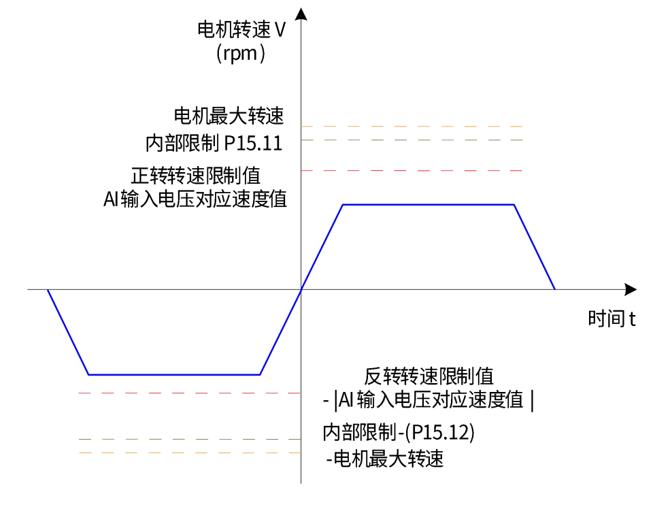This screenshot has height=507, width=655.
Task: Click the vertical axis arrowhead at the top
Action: [301, 14]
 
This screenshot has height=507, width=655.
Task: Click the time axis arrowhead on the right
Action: [631, 289]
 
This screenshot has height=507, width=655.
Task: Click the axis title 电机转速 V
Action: [241, 30]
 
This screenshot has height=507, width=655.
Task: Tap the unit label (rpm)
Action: [241, 54]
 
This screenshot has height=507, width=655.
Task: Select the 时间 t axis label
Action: [611, 318]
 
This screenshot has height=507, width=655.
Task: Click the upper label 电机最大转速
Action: [229, 116]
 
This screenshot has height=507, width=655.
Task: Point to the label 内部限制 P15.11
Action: [214, 143]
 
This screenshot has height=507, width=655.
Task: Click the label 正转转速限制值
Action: [196, 176]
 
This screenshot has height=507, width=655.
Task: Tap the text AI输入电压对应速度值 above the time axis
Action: [195, 199]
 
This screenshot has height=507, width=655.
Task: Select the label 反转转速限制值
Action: [429, 376]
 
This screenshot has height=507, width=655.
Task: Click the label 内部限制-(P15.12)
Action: [399, 432]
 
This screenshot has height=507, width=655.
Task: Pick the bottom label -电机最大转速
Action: [385, 459]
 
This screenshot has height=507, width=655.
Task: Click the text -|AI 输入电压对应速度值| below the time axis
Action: [429, 400]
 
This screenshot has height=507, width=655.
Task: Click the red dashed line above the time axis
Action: [412, 171]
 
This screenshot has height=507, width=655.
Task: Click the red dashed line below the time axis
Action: [190, 393]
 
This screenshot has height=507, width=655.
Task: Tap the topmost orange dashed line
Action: [412, 126]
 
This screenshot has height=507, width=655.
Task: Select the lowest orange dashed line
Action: [190, 453]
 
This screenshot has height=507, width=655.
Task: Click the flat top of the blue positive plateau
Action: [429, 205]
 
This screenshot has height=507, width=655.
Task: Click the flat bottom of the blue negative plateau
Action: [174, 374]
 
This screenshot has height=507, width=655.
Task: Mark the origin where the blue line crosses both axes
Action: [301, 289]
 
